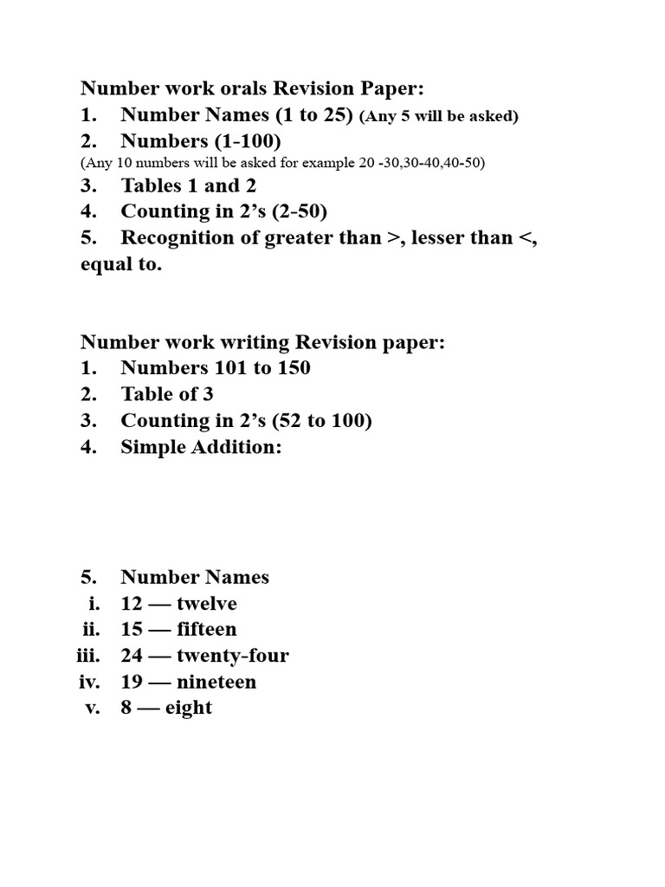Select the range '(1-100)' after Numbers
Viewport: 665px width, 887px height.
(250, 141)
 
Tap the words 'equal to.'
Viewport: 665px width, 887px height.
(120, 265)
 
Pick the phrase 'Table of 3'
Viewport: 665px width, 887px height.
(167, 394)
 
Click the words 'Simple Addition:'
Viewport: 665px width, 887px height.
(202, 447)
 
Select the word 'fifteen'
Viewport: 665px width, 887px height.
(206, 630)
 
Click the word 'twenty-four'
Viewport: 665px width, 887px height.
(232, 656)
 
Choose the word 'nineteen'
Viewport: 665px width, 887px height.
(216, 682)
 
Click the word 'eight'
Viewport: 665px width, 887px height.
(188, 709)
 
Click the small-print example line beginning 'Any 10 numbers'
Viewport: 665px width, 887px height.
(282, 163)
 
